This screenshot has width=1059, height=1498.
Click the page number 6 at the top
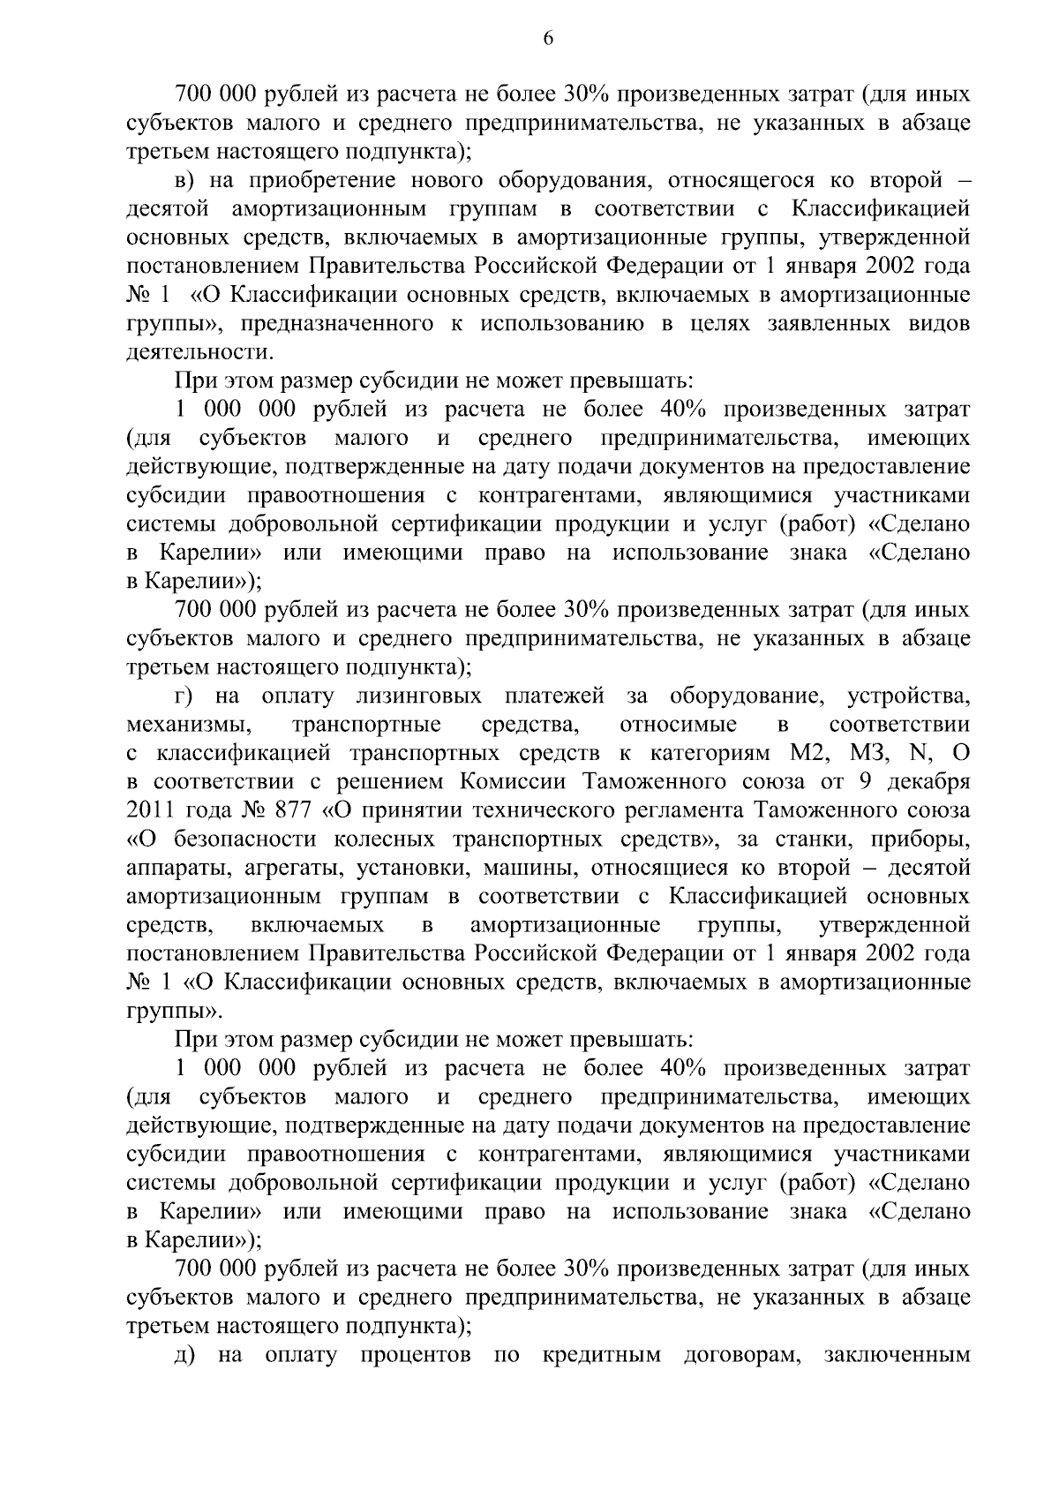(x=547, y=39)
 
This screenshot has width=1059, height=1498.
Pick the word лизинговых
(x=419, y=697)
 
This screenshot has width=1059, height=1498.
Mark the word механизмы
(x=184, y=726)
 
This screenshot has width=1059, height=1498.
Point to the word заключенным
(x=896, y=1355)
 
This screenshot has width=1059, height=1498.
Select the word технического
(x=522, y=810)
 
